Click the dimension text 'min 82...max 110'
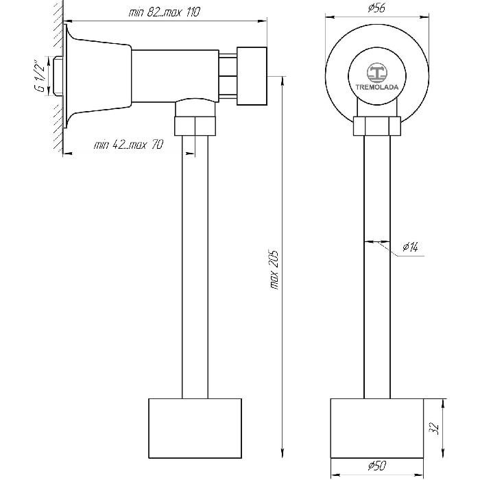(x=165, y=12)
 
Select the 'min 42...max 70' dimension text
(x=129, y=144)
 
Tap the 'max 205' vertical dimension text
(x=274, y=270)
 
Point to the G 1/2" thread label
(x=40, y=77)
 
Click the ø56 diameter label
(x=376, y=8)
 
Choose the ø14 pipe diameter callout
(x=410, y=246)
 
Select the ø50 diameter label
(x=377, y=466)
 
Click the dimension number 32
(x=434, y=429)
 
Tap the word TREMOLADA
(x=377, y=87)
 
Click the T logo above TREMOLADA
(x=377, y=73)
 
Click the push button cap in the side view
(x=252, y=76)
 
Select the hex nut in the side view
(x=195, y=125)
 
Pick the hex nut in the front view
(x=377, y=125)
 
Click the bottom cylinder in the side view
(x=195, y=429)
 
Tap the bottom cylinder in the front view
(x=377, y=429)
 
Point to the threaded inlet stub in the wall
(x=58, y=76)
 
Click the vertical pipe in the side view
(x=195, y=267)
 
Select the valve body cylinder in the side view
(x=175, y=76)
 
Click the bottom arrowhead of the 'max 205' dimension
(x=283, y=453)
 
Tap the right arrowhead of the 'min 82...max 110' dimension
(x=262, y=21)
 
